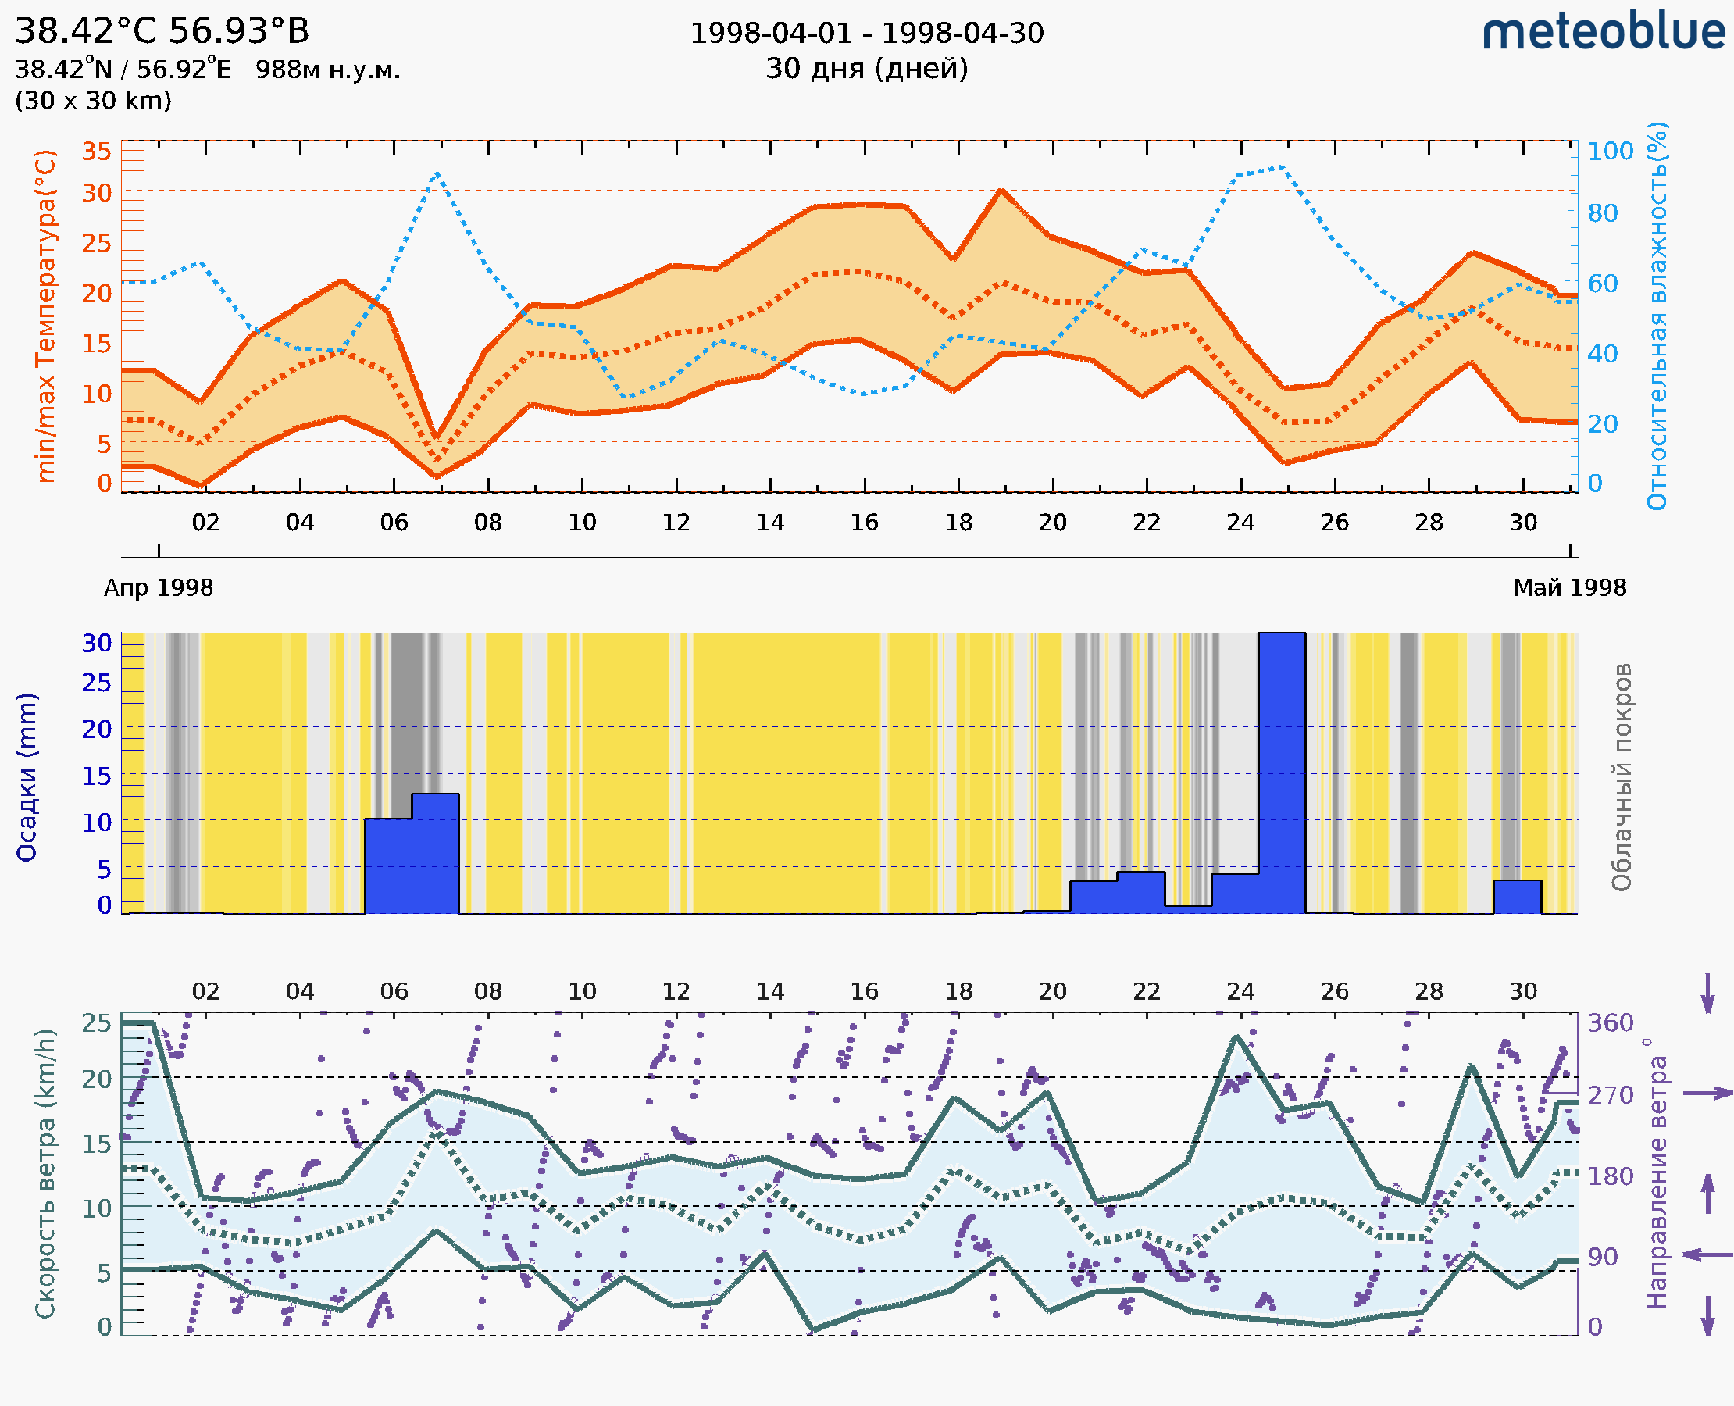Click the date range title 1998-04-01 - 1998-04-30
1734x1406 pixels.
point(866,34)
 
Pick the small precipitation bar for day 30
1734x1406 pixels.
point(1516,897)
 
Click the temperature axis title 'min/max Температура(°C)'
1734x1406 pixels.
point(46,316)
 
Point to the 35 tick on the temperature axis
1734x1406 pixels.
point(96,152)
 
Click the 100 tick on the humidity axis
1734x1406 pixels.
point(1610,152)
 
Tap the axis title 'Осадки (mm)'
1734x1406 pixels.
point(27,777)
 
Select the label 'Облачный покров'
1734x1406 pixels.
point(1621,777)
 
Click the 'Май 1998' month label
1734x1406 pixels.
point(1568,588)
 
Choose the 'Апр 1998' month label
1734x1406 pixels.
point(159,588)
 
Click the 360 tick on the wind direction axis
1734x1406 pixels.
point(1610,1023)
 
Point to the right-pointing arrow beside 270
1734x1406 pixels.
point(1707,1094)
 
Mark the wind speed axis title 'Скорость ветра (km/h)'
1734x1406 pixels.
point(45,1173)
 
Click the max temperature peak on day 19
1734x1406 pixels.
point(1002,191)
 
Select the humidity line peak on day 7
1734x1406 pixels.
point(437,173)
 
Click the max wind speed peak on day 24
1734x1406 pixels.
point(1236,1037)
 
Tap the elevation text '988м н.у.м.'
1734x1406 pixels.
point(327,70)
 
